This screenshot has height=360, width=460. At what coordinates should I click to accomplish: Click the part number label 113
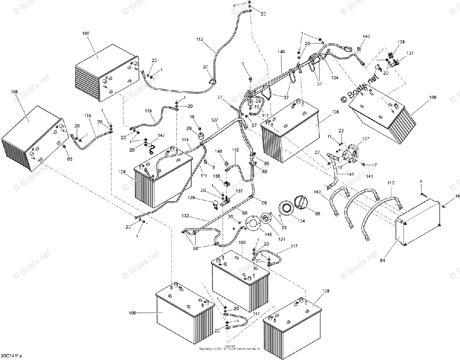tap(199, 39)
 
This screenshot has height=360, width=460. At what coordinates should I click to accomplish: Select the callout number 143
tap(317, 192)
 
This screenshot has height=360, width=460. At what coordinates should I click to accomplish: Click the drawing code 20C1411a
tap(11, 356)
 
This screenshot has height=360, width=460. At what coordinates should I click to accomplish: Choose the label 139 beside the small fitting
tap(202, 198)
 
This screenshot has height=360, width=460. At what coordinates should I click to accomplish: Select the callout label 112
tap(235, 150)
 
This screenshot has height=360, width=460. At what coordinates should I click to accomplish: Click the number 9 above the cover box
tap(421, 182)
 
